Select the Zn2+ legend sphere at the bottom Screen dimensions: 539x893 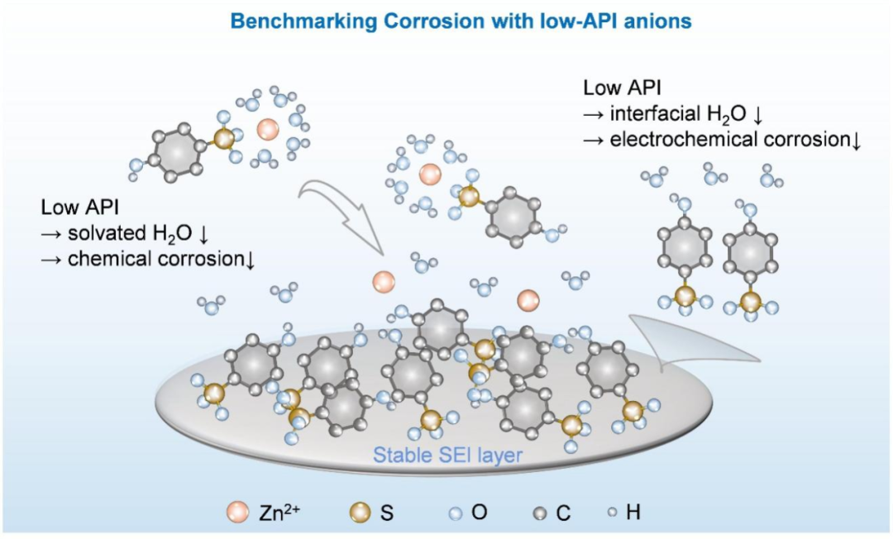[238, 513]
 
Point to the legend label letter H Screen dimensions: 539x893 [633, 513]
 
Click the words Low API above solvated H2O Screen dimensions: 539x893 [74, 208]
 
